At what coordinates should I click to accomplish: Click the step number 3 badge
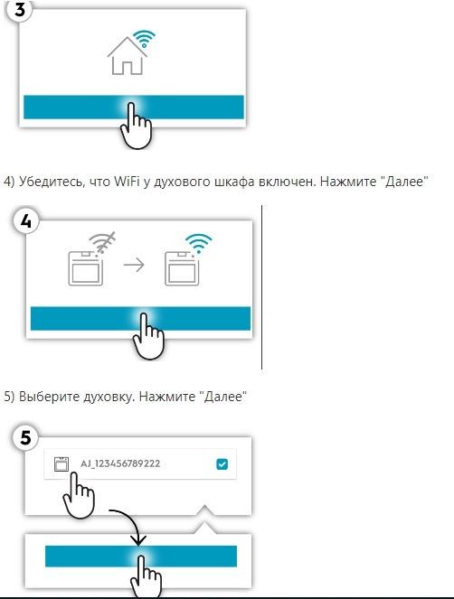click(x=19, y=10)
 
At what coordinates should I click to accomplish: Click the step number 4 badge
click(x=25, y=220)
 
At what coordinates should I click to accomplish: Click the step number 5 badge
click(x=25, y=437)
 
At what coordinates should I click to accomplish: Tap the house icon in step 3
click(x=128, y=56)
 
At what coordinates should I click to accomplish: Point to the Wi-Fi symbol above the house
click(x=144, y=38)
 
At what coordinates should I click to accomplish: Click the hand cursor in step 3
click(x=137, y=126)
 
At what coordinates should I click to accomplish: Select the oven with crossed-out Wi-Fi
click(x=85, y=268)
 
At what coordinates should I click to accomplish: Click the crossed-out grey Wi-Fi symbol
click(x=101, y=242)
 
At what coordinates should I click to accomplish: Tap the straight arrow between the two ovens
click(x=134, y=265)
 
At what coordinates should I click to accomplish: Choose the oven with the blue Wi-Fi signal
click(x=182, y=268)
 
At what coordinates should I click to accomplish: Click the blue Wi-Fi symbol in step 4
click(x=198, y=244)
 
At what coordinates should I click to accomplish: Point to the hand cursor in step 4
click(x=148, y=336)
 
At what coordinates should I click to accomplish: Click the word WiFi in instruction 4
click(x=127, y=181)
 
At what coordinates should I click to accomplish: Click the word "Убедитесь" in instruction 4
click(x=52, y=182)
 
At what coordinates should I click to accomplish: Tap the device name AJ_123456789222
click(x=120, y=463)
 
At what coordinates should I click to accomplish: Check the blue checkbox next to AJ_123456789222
click(x=222, y=463)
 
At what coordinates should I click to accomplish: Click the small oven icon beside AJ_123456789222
click(x=61, y=464)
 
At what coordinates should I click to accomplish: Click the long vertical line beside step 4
click(x=261, y=287)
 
